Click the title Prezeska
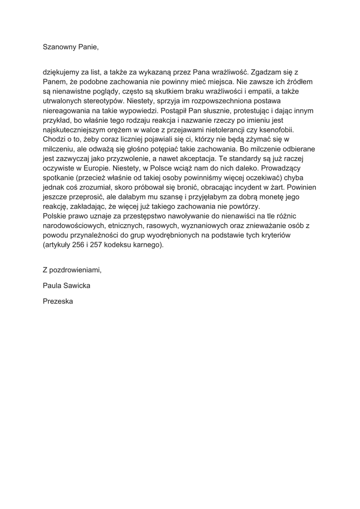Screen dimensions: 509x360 click(58, 301)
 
